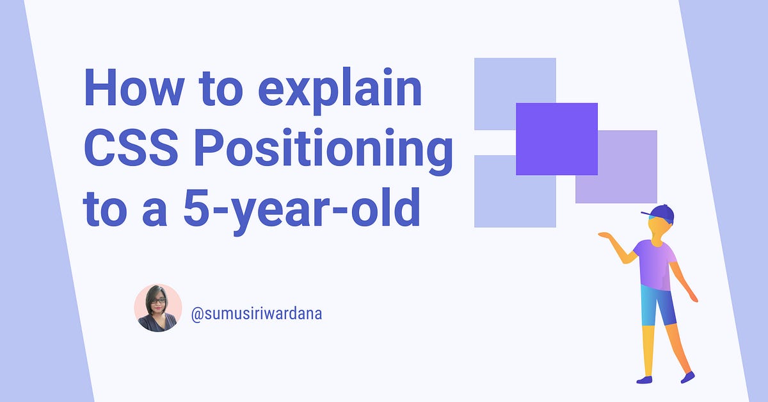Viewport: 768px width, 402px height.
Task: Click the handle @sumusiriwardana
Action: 256,314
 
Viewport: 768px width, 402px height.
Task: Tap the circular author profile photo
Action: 158,308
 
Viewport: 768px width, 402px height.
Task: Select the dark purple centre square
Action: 557,138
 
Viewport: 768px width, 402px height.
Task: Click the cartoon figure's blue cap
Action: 660,212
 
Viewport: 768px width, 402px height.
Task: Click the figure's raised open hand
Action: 605,235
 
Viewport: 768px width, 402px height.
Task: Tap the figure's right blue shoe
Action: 688,377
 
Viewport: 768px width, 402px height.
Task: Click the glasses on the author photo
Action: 157,300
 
